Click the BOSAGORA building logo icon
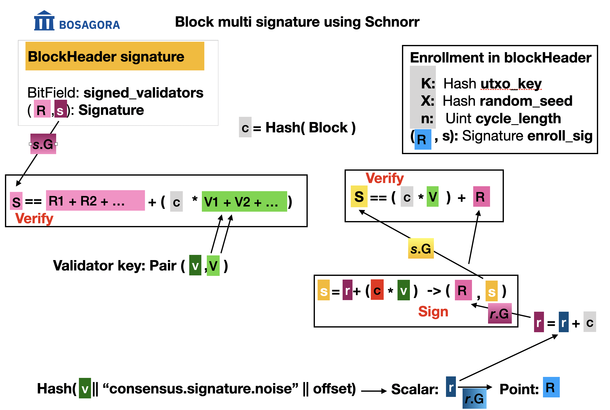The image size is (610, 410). pyautogui.click(x=44, y=21)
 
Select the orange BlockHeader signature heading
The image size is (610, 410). pyautogui.click(x=115, y=56)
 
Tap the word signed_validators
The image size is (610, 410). pyautogui.click(x=143, y=93)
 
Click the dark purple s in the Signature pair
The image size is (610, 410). pyautogui.click(x=60, y=109)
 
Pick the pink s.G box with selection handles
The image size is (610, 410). pyautogui.click(x=43, y=144)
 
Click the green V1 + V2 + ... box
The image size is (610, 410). pyautogui.click(x=244, y=202)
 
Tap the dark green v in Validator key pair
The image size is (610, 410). pyautogui.click(x=195, y=266)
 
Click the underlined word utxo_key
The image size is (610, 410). pyautogui.click(x=511, y=84)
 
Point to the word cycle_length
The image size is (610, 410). pyautogui.click(x=518, y=119)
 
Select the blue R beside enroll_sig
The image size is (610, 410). pyautogui.click(x=422, y=139)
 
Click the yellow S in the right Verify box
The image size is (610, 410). pyautogui.click(x=359, y=196)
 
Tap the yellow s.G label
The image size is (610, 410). pyautogui.click(x=421, y=248)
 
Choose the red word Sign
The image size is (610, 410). pyautogui.click(x=433, y=312)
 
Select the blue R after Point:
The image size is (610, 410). pyautogui.click(x=551, y=388)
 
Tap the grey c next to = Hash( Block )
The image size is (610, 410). pyautogui.click(x=245, y=127)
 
